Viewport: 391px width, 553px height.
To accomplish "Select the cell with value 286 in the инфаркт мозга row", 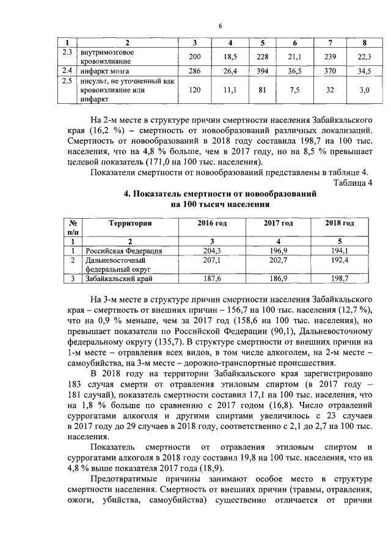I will tap(194, 71).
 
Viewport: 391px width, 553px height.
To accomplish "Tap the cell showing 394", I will tap(263, 71).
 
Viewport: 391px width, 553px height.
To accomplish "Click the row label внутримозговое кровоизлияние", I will tap(108, 57).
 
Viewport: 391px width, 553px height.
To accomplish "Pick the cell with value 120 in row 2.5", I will tap(194, 90).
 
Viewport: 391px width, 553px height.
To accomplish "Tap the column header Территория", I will tap(130, 224).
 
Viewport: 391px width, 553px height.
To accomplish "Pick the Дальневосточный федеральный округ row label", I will tap(115, 264).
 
